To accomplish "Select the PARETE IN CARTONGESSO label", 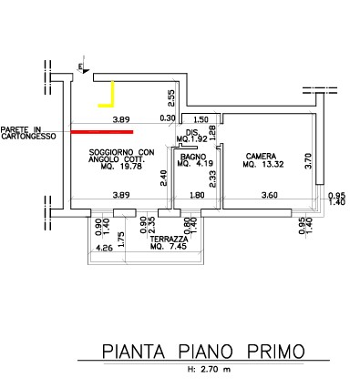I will pyautogui.click(x=28, y=132).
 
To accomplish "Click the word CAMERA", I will pyautogui.click(x=261, y=156).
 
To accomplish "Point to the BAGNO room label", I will pyautogui.click(x=192, y=157).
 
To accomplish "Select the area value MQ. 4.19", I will pyautogui.click(x=191, y=165).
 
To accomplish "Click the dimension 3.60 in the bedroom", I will pyautogui.click(x=270, y=195).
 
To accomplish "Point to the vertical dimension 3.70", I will pyautogui.click(x=307, y=161).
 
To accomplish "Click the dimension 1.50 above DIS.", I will pyautogui.click(x=201, y=119).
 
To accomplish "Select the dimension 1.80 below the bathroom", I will pyautogui.click(x=197, y=195).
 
